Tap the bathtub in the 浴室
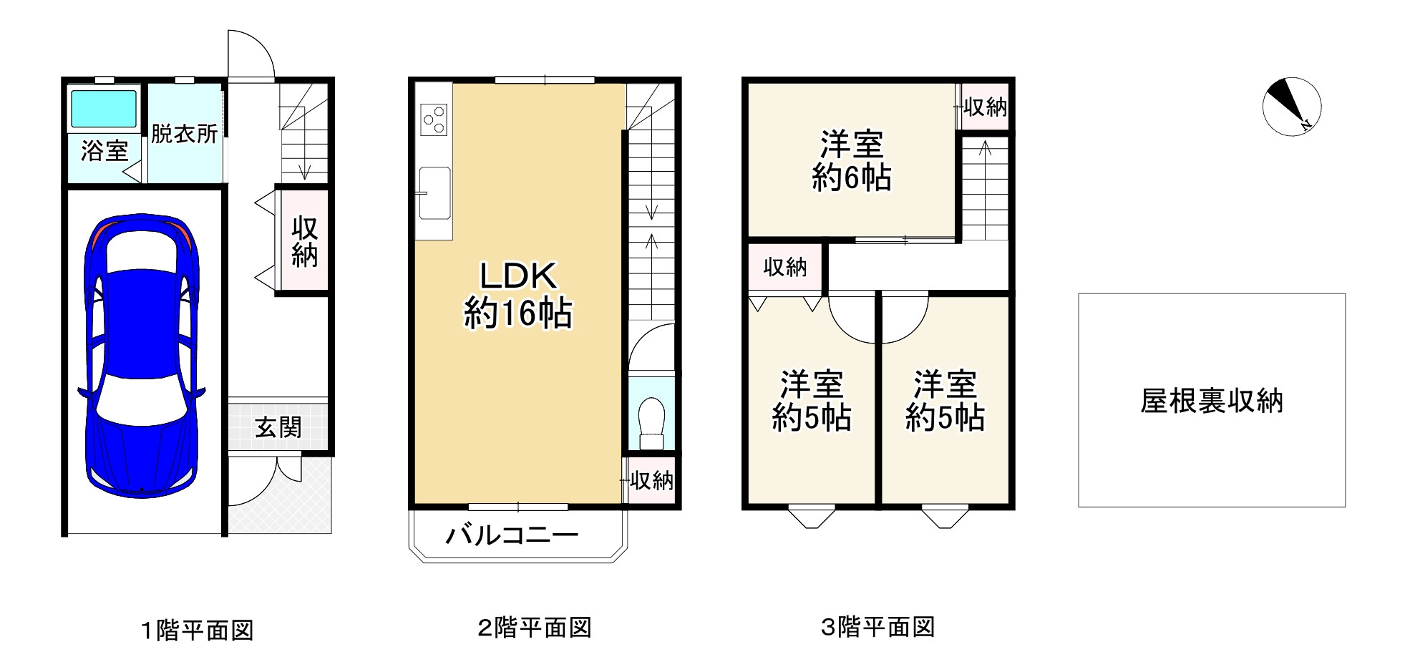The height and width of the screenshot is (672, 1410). pos(103,109)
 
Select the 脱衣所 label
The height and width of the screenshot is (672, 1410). pos(185,134)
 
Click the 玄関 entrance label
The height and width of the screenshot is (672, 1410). pos(278,427)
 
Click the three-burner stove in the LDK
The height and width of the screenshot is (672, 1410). pos(434,120)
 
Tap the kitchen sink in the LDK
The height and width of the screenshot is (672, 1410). pos(434,193)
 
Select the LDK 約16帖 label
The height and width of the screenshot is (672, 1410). pos(517,294)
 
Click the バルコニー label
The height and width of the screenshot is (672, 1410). pos(512,535)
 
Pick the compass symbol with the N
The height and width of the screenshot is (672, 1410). pos(1291,108)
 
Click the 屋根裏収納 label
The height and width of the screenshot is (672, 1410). pos(1212,401)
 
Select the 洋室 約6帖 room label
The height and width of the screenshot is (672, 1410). pos(852,161)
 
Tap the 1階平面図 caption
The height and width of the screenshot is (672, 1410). pos(196,630)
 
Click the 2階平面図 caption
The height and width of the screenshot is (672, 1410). pos(534,628)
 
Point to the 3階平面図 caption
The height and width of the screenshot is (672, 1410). pos(877,627)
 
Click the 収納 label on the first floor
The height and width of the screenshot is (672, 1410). pos(304,241)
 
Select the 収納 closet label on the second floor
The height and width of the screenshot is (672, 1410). pos(651,481)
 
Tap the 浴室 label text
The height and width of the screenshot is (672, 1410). pos(104,150)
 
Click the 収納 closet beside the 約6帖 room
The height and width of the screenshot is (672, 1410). pos(985,107)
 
